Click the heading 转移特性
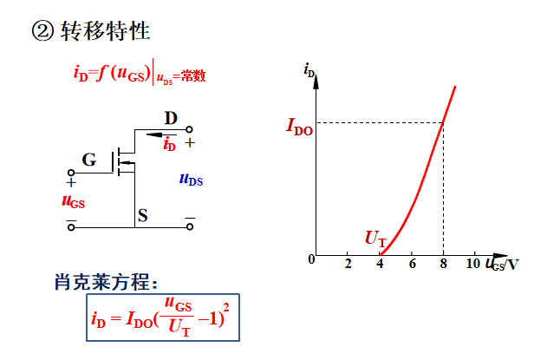pyautogui.click(x=106, y=32)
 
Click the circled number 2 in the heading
pyautogui.click(x=43, y=32)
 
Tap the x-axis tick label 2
pyautogui.click(x=348, y=264)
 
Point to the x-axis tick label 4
pyautogui.click(x=380, y=264)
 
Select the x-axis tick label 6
pyautogui.click(x=412, y=264)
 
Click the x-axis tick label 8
pyautogui.click(x=443, y=264)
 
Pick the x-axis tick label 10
pyautogui.click(x=472, y=264)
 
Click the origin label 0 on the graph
pyautogui.click(x=310, y=259)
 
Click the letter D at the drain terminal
pyautogui.click(x=171, y=118)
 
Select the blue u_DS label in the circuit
pyautogui.click(x=191, y=179)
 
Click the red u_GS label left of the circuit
pyautogui.click(x=74, y=201)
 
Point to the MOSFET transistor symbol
pyautogui.click(x=123, y=160)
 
